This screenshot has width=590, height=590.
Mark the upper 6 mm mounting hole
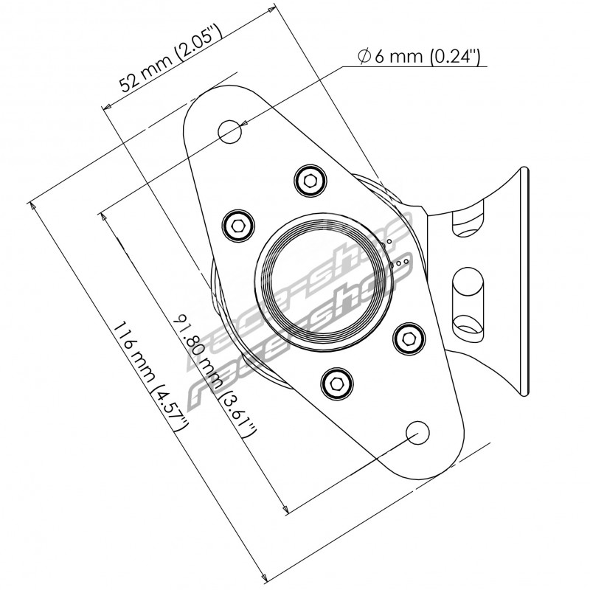pyautogui.click(x=230, y=132)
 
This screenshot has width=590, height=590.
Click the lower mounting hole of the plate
pyautogui.click(x=417, y=431)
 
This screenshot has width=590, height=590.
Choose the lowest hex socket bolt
pyautogui.click(x=336, y=381)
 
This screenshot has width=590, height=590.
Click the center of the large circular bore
pyautogui.click(x=322, y=280)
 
